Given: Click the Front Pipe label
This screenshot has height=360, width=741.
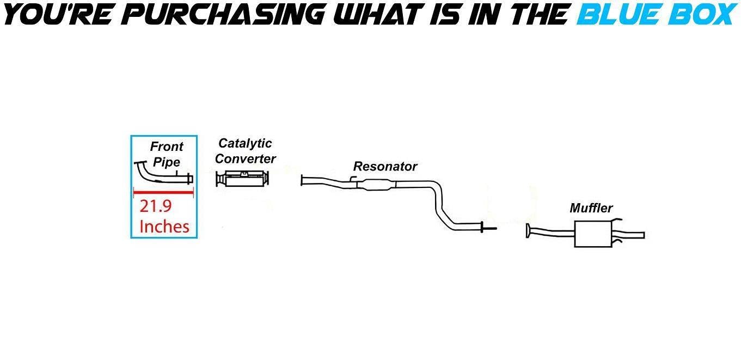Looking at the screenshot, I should click(167, 154).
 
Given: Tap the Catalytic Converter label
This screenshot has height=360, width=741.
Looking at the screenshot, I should click(246, 151).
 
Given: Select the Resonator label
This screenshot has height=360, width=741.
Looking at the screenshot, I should click(385, 166).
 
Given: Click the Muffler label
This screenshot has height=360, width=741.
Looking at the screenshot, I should click(591, 208).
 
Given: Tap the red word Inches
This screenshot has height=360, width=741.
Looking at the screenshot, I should click(164, 227).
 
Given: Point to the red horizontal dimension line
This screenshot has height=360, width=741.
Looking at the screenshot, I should click(163, 192).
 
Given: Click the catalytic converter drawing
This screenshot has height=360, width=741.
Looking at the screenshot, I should click(243, 179).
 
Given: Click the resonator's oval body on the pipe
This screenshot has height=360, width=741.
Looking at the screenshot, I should click(377, 185).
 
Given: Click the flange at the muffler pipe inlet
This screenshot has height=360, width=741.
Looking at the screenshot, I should click(528, 230).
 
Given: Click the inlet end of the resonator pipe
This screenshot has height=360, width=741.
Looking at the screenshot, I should click(302, 180).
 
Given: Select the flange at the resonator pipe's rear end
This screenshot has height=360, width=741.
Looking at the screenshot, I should click(482, 227).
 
